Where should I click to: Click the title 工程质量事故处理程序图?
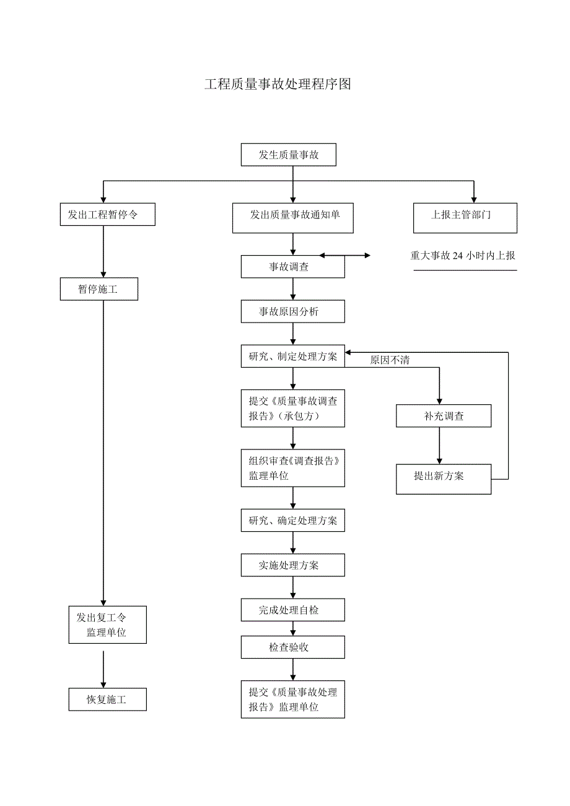point(278,85)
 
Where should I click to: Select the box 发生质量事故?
point(288,155)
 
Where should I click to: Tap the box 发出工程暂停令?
point(107,214)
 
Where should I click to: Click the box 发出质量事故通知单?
point(292,218)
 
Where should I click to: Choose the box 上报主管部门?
point(465,218)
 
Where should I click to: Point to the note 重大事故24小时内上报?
point(463,256)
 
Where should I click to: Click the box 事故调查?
point(292,267)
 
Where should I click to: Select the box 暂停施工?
point(99,289)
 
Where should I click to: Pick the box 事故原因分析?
point(292,311)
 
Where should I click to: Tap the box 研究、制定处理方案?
point(292,357)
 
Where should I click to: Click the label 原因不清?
point(390,360)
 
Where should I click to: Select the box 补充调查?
point(444,416)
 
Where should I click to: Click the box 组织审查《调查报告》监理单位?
point(292,468)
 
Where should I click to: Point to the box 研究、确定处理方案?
point(292,521)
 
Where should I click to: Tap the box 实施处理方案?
point(292,565)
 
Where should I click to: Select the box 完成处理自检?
point(292,610)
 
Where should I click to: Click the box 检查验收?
point(292,648)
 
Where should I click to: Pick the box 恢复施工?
point(107,700)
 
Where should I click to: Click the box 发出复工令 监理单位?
point(107,625)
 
